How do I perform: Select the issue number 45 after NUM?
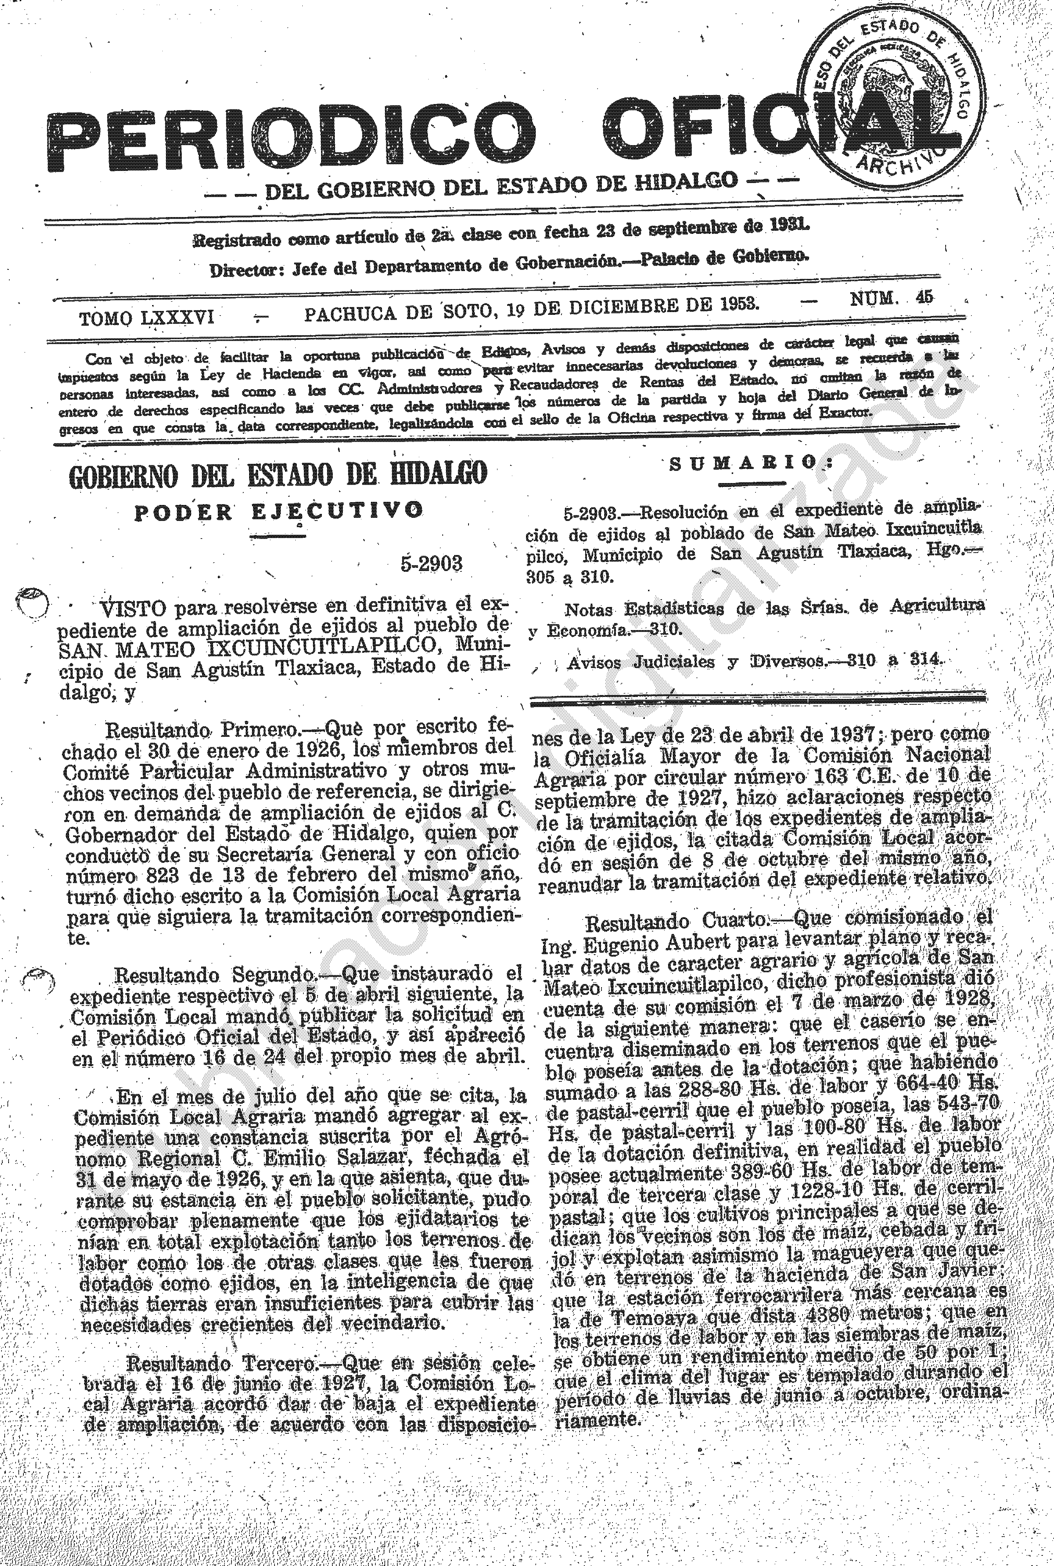pyautogui.click(x=924, y=298)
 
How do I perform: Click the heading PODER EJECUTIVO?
pyautogui.click(x=279, y=512)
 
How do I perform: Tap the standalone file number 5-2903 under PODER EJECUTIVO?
pyautogui.click(x=431, y=563)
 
